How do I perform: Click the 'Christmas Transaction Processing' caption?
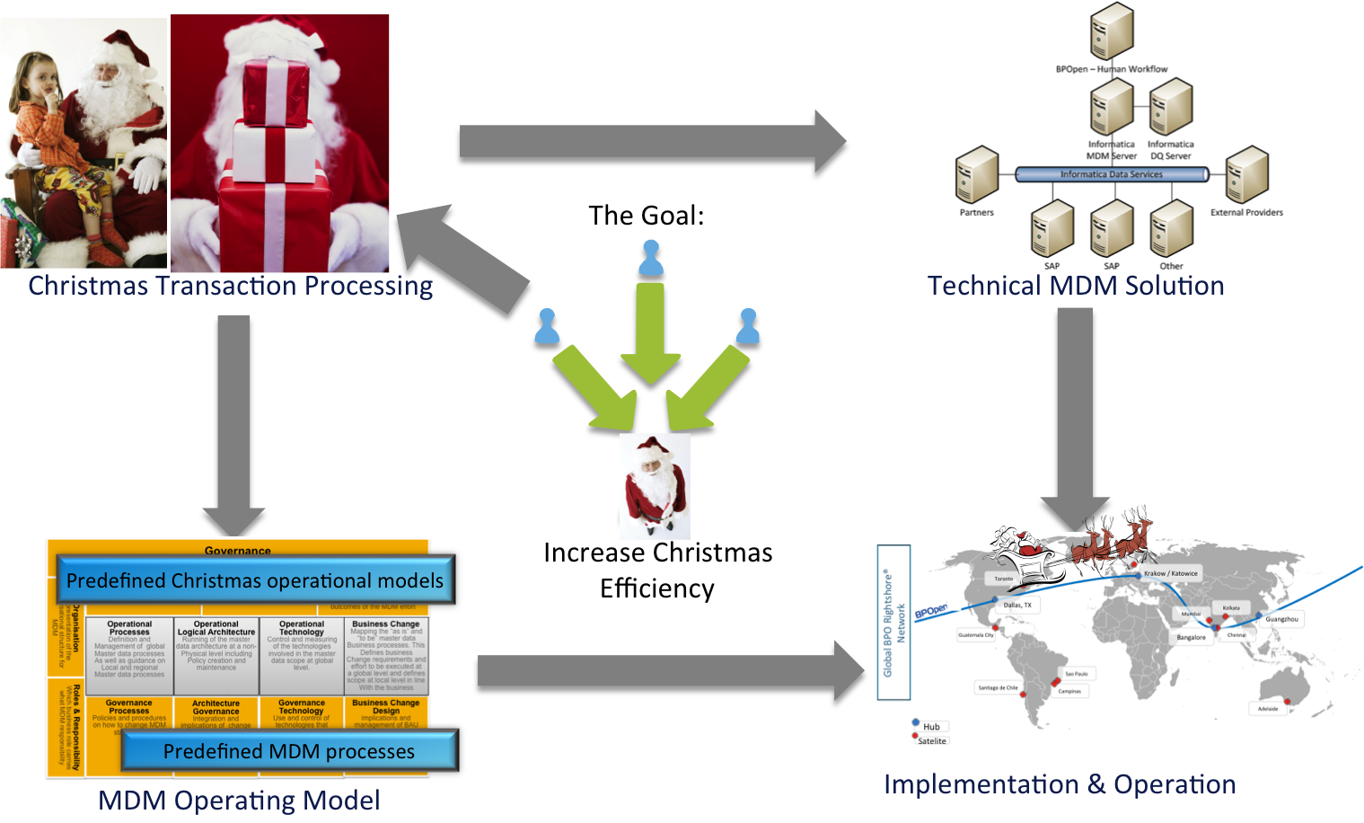click(230, 286)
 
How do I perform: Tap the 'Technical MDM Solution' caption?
click(1075, 286)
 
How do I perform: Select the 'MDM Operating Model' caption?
click(239, 800)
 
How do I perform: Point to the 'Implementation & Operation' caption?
click(1060, 784)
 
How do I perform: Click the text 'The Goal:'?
click(646, 216)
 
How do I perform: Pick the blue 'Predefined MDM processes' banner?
click(289, 751)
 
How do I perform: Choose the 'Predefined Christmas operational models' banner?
click(255, 580)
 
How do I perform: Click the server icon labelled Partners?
click(977, 175)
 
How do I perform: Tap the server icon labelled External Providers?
click(1247, 175)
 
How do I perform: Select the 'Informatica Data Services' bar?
click(1111, 174)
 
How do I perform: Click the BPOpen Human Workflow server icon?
click(1112, 32)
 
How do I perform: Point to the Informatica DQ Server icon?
click(1171, 107)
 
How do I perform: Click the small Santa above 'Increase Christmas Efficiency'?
click(656, 485)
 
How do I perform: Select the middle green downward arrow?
click(651, 332)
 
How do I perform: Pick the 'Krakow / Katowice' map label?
click(1170, 573)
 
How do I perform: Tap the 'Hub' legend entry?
click(929, 726)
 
